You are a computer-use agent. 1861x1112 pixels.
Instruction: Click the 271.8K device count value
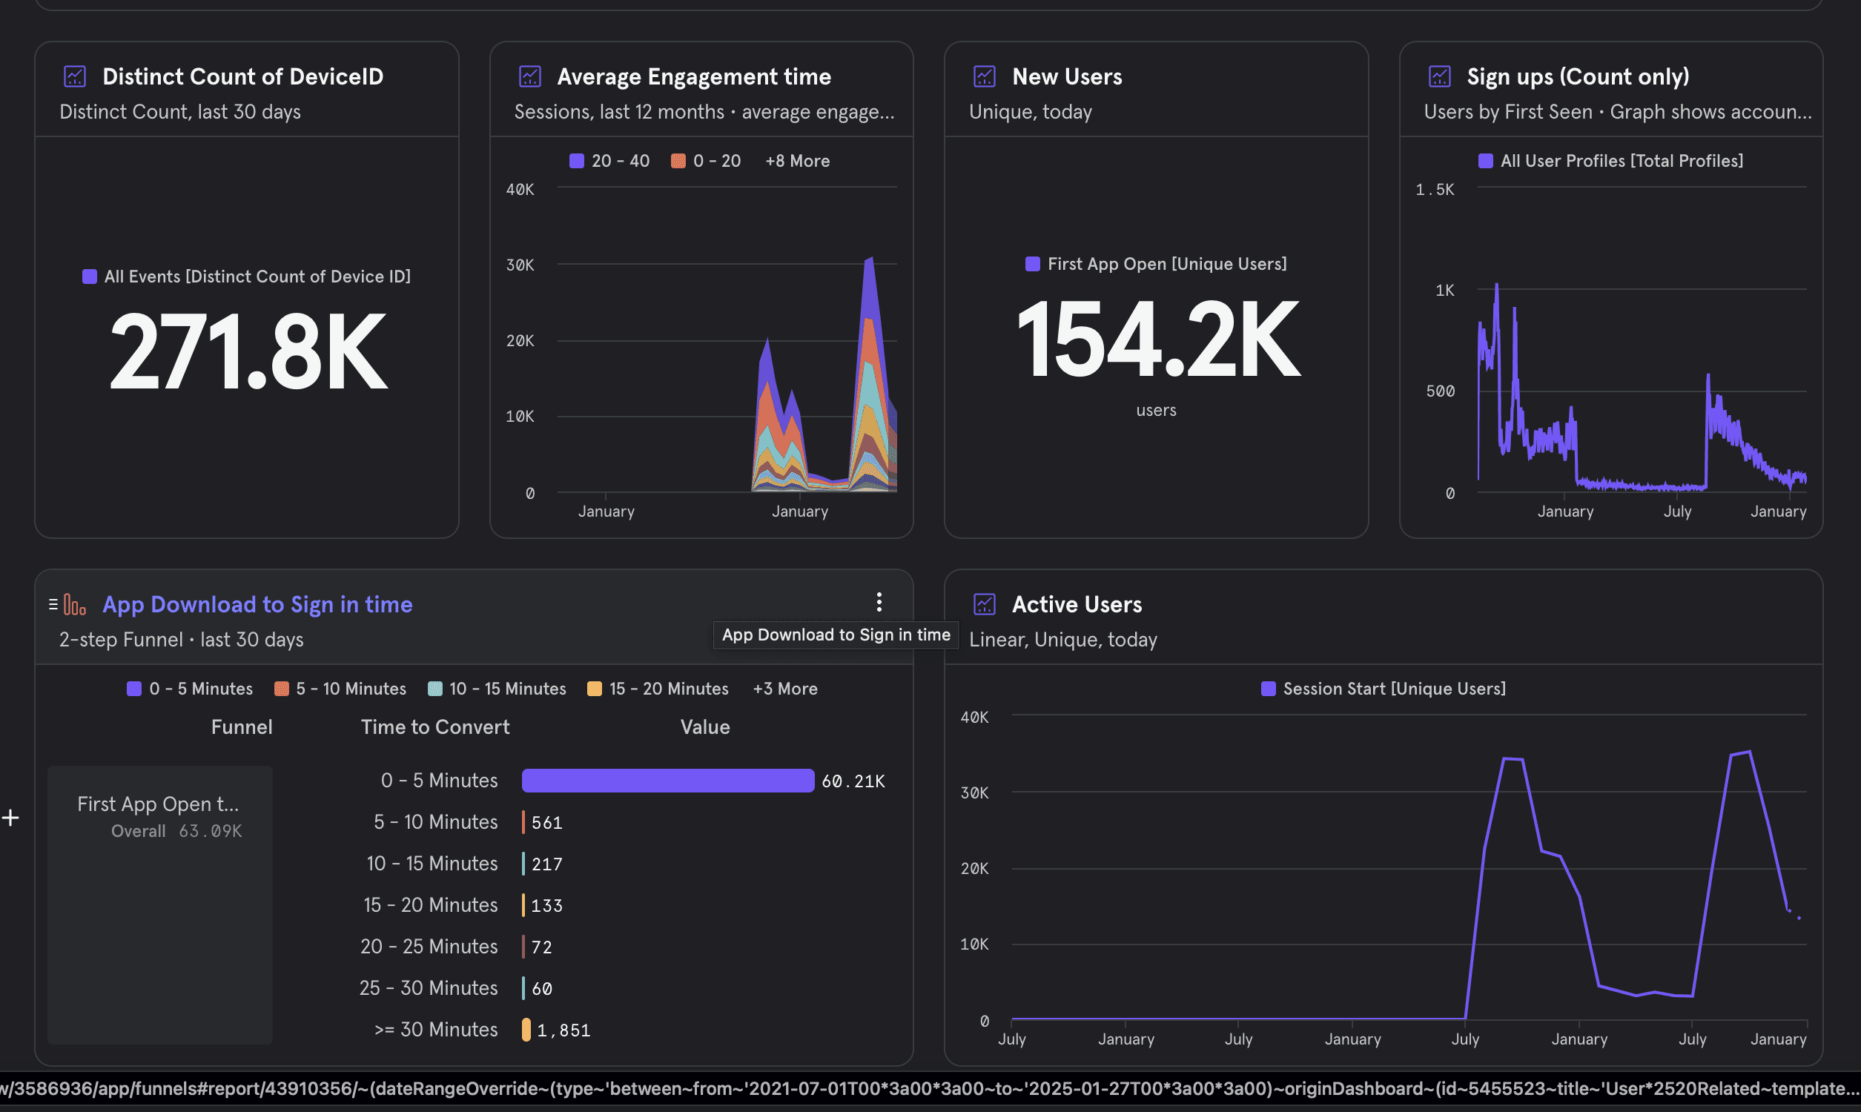248,351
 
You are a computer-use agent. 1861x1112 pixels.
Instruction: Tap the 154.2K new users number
1157,339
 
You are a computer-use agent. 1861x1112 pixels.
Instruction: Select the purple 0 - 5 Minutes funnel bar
667,780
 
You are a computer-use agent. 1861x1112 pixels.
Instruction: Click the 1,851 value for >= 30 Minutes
563,1030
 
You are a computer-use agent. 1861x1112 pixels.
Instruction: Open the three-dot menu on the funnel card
879,602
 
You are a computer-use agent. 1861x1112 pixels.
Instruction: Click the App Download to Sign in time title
257,604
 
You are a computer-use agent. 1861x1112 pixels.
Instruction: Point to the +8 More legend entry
797,160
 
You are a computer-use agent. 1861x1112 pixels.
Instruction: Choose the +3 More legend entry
785,689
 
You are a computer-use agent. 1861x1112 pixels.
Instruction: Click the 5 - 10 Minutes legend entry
340,689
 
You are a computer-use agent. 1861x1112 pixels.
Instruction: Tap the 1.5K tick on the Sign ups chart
1435,190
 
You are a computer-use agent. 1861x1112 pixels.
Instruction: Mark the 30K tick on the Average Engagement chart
520,265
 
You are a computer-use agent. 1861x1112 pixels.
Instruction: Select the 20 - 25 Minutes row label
429,947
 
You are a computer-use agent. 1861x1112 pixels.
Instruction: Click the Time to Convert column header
435,727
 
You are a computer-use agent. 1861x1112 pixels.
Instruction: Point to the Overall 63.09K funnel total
176,831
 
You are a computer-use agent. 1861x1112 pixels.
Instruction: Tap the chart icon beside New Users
985,76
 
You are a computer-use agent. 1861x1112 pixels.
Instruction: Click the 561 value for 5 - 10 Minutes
547,823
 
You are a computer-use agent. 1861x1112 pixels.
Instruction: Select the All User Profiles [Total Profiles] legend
1611,160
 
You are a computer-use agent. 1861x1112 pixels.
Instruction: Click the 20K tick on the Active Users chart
975,868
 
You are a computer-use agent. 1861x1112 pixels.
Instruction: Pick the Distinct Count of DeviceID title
242,76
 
